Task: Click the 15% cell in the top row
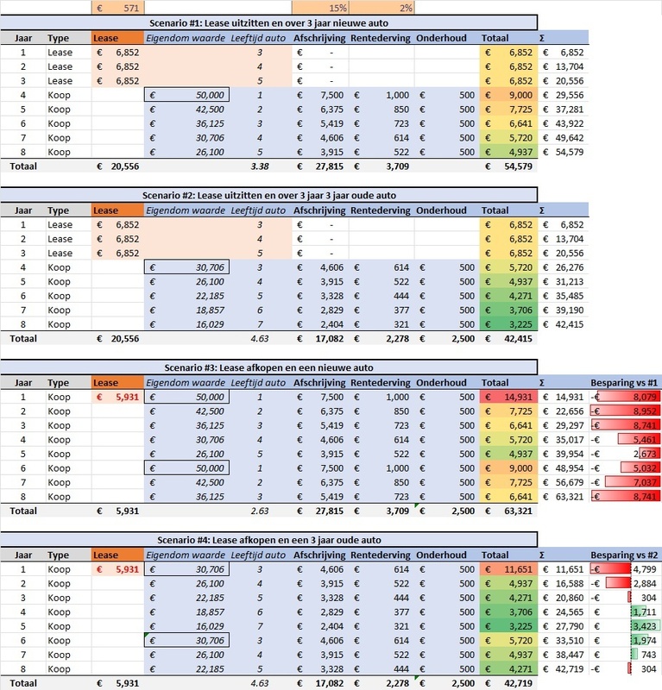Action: coord(320,7)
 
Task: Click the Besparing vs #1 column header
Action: coord(624,383)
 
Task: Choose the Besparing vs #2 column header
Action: coord(624,555)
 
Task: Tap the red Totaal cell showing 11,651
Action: coord(508,569)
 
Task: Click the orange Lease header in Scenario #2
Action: coord(117,210)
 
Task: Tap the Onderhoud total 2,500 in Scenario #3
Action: coord(445,511)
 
